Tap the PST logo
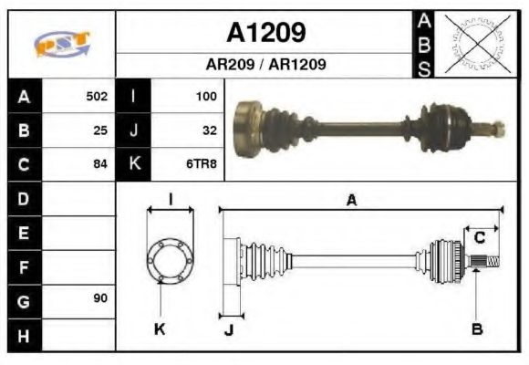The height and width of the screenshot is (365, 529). pos(61,45)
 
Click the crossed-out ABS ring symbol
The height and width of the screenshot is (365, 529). pos(473,44)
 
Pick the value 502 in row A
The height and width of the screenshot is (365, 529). pos(97,96)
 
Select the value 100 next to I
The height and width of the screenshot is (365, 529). pos(205,96)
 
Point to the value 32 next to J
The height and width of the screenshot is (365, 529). pos(209,130)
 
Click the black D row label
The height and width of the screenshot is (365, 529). pos(24,198)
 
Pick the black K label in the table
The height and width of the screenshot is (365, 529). pos(134,164)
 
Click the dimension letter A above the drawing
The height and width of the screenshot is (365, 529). pos(350,201)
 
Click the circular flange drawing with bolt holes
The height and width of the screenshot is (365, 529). pos(171,260)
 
